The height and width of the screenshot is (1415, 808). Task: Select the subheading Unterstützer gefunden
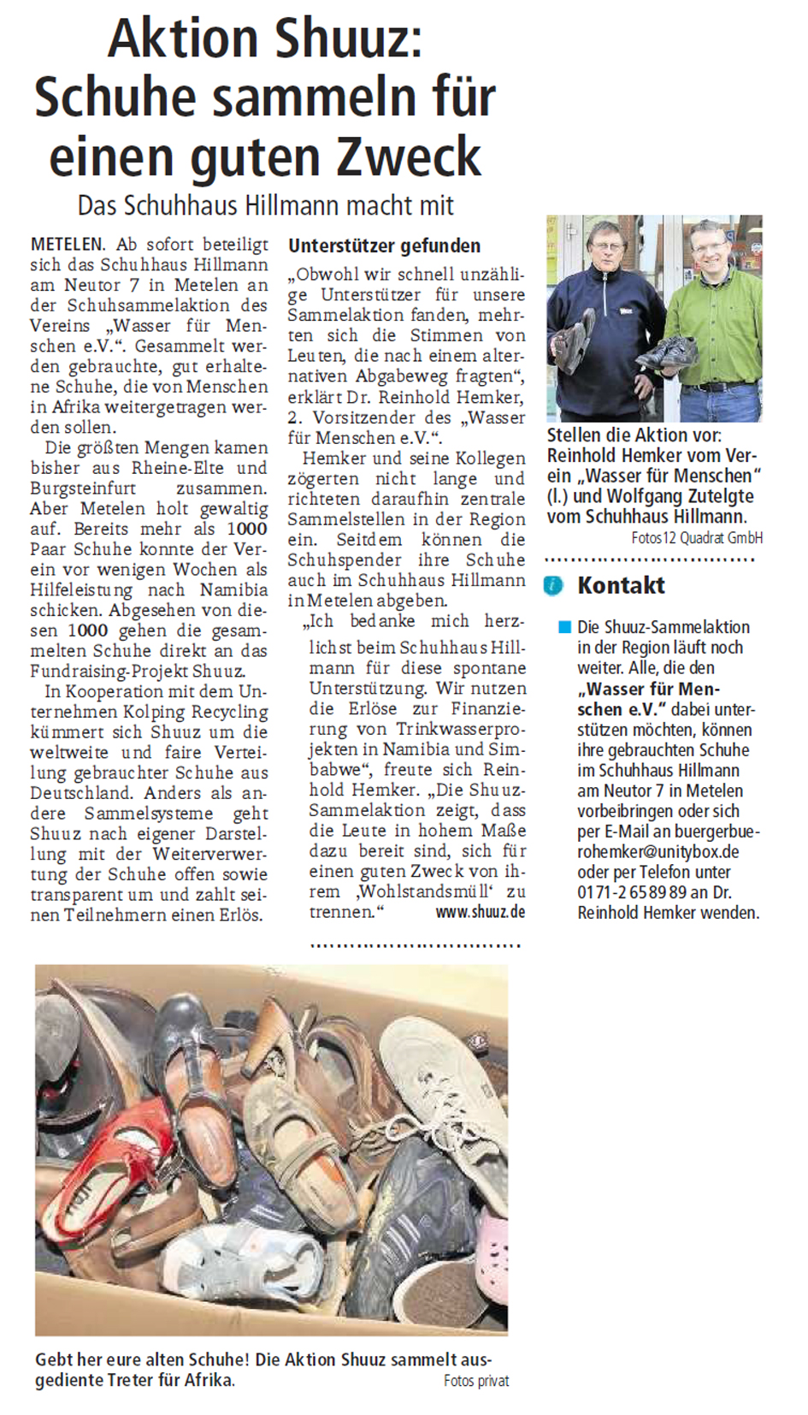pyautogui.click(x=384, y=246)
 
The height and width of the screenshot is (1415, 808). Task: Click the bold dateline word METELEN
pyautogui.click(x=68, y=245)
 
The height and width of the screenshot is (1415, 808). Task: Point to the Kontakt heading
pyautogui.click(x=621, y=586)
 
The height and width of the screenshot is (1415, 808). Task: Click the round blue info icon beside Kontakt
pyautogui.click(x=554, y=586)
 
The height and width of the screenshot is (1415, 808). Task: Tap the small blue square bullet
pyautogui.click(x=564, y=627)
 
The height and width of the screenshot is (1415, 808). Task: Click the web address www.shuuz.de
pyautogui.click(x=480, y=912)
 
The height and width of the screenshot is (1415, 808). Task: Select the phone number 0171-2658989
pyautogui.click(x=632, y=892)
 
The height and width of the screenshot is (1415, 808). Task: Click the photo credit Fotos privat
pyautogui.click(x=476, y=1381)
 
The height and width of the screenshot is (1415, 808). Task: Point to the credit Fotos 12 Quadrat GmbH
pyautogui.click(x=697, y=538)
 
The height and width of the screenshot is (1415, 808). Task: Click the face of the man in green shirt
pyautogui.click(x=709, y=247)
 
